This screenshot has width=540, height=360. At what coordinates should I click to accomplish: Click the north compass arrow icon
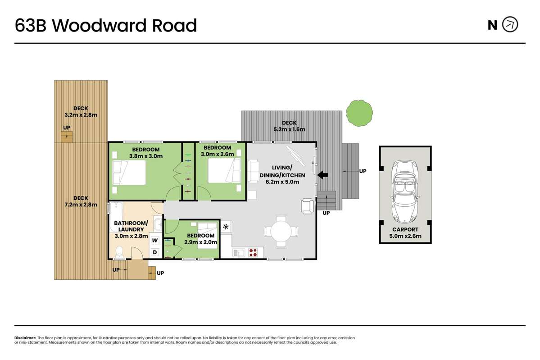pos(510,25)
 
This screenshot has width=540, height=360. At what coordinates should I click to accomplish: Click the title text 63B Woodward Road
pos(106,26)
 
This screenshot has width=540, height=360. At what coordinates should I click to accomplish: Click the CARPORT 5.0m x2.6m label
pos(405,232)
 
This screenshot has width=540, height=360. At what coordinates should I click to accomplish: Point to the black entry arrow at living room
pos(323,175)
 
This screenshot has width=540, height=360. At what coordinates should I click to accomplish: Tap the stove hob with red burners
pos(253,253)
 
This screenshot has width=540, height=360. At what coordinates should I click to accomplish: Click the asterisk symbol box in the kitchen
pos(226,227)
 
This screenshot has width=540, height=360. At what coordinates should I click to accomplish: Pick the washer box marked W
pos(154,241)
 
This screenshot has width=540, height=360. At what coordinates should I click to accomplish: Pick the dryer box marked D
pos(154,252)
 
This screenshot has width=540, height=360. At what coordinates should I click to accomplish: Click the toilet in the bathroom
pos(119,253)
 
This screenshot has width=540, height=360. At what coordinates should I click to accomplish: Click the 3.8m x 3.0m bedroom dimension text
pos(145,156)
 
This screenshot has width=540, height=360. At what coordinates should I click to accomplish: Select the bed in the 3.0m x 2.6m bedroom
pos(223,171)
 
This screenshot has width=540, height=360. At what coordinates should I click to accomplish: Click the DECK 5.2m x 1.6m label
pos(289,126)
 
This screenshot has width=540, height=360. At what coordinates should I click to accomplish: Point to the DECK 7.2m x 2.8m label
pos(81,201)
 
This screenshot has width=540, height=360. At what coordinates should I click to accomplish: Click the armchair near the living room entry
pos(308,206)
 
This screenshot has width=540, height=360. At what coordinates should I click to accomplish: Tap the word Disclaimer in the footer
pos(25,337)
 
